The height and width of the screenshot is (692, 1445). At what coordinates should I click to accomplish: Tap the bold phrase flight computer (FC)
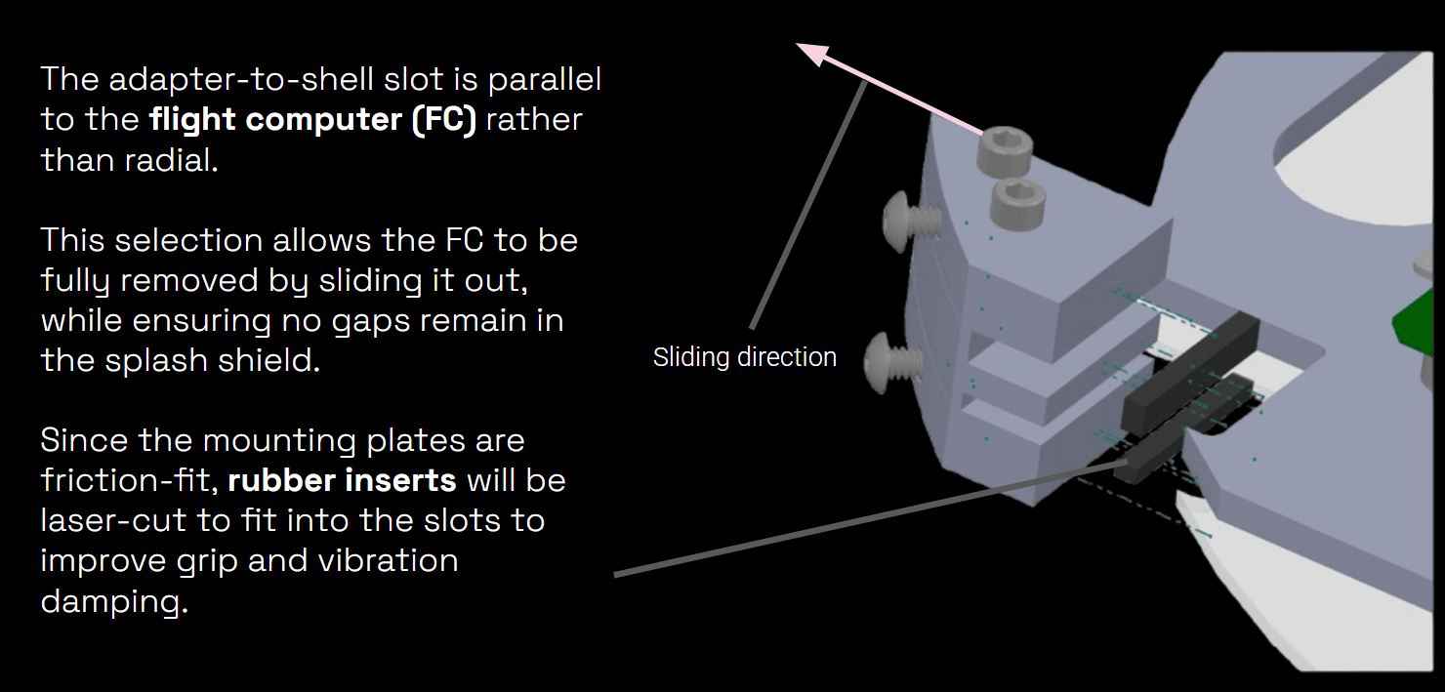(312, 120)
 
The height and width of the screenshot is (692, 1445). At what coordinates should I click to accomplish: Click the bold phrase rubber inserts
(342, 481)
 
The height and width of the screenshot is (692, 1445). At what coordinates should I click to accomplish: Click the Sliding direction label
(744, 357)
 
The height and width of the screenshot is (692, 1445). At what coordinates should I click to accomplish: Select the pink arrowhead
(813, 54)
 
